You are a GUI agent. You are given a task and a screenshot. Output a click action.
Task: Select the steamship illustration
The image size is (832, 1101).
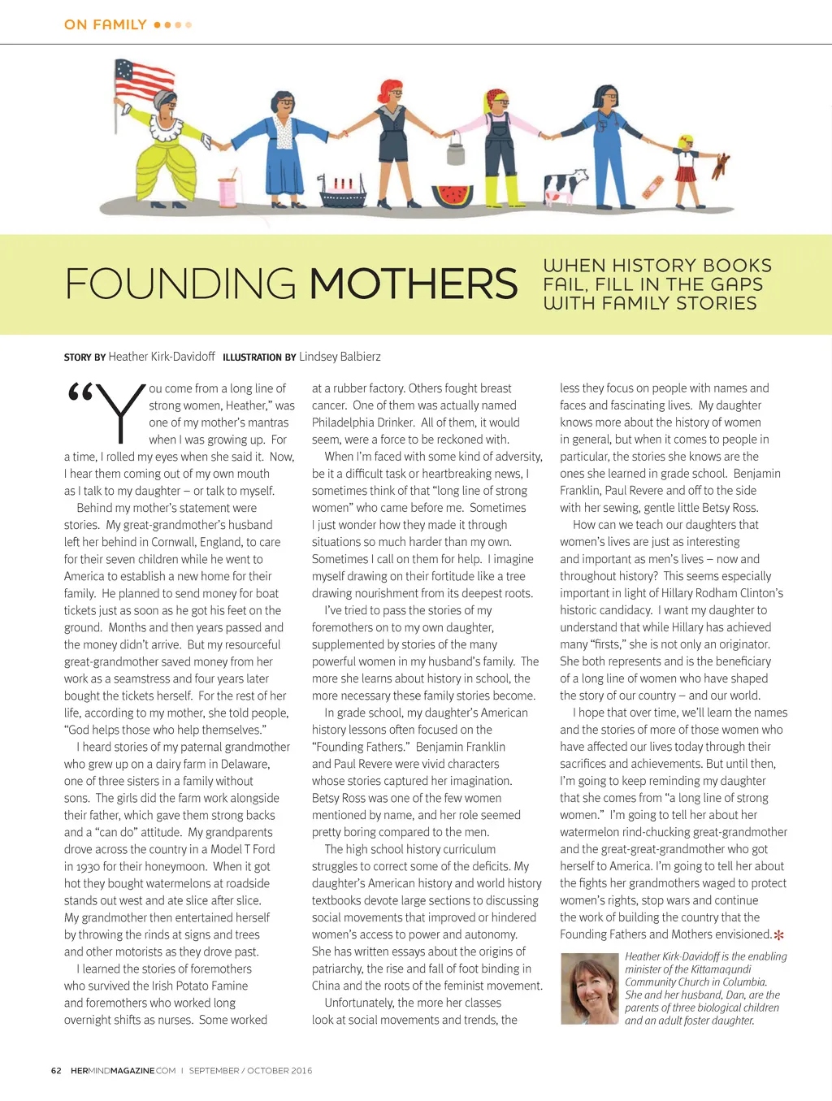coord(345,192)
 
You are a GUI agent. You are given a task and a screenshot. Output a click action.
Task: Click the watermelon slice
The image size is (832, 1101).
coord(453,196)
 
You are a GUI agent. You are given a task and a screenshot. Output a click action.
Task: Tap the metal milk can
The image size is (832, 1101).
coord(455,151)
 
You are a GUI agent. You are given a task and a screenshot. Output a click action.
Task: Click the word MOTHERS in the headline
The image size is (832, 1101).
coord(413,284)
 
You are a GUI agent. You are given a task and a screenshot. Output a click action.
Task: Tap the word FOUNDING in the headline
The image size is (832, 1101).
coord(180,284)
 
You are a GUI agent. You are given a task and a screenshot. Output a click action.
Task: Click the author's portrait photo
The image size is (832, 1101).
coord(589,988)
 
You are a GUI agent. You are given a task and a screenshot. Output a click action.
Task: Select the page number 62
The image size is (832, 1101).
coord(56,1071)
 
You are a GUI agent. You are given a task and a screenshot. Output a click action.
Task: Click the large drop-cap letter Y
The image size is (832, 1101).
coord(119,412)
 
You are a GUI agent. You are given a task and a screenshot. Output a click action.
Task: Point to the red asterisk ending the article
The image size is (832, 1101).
coord(778,935)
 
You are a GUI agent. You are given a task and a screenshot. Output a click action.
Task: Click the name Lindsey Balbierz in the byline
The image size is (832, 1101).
coord(340,357)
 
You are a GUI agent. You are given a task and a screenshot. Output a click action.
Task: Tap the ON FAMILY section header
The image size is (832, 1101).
coord(106,25)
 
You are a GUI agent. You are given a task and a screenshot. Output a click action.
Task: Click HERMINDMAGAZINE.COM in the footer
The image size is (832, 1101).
coord(123,1071)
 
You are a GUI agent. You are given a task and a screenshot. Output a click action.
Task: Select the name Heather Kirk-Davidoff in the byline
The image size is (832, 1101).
coord(162,357)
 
